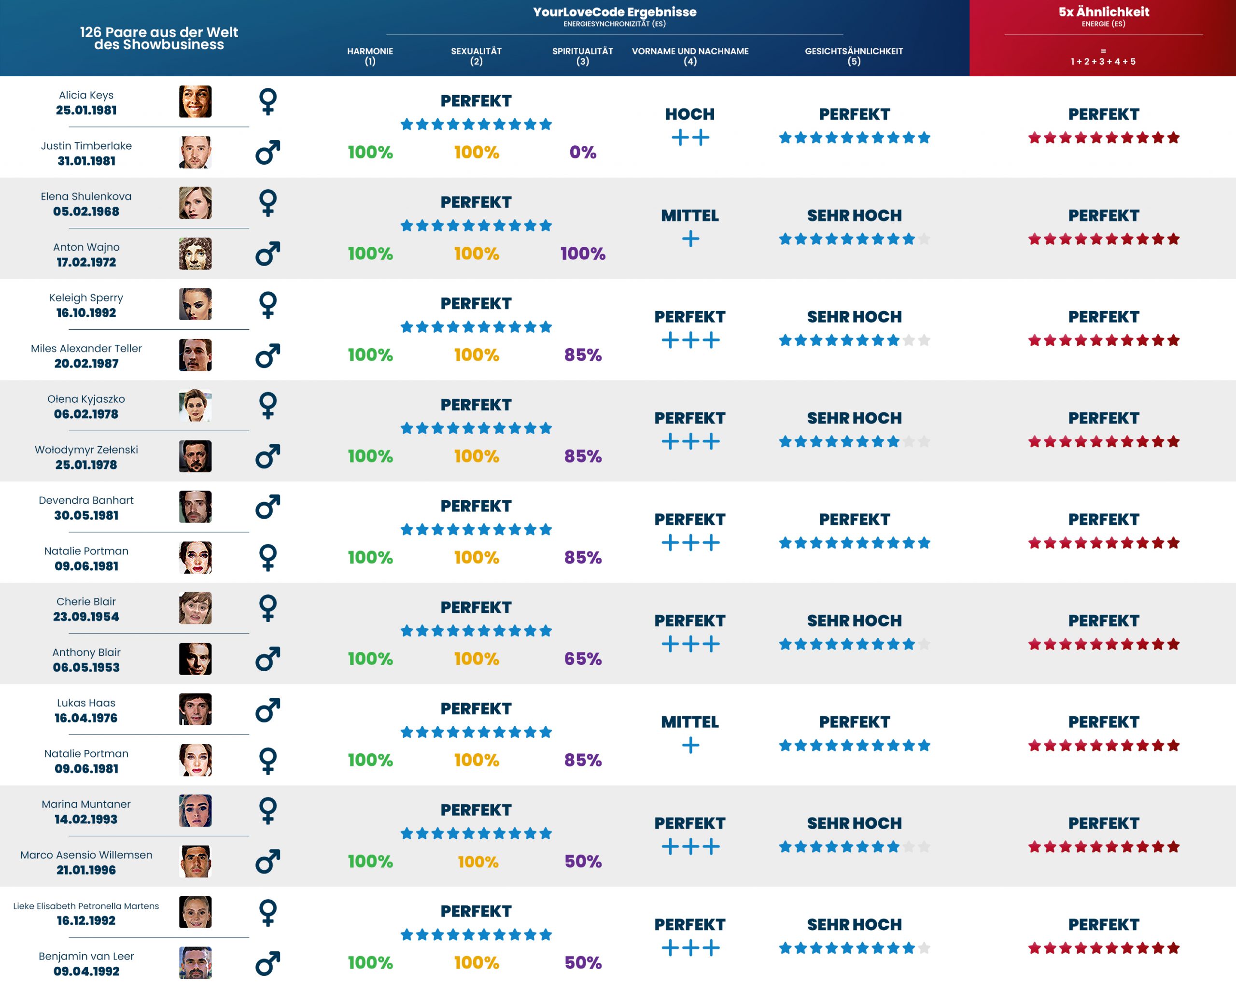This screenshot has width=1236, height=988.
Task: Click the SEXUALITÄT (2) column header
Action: (x=476, y=56)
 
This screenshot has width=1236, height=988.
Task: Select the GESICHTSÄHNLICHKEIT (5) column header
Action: (x=854, y=56)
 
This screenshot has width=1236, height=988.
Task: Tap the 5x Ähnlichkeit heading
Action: (x=1103, y=12)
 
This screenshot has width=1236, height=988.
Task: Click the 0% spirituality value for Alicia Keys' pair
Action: (x=582, y=153)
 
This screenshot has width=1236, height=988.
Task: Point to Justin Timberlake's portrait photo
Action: (x=195, y=153)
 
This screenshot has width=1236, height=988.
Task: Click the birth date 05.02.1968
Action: (x=86, y=212)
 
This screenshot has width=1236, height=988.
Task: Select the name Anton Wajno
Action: (x=86, y=247)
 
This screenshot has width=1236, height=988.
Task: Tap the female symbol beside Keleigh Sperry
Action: (x=268, y=305)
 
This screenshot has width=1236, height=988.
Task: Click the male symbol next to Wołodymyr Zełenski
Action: (x=268, y=456)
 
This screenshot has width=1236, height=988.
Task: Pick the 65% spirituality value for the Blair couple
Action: (x=582, y=659)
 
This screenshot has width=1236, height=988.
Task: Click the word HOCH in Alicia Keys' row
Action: (x=689, y=114)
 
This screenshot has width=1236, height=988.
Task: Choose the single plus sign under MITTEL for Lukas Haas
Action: (x=690, y=746)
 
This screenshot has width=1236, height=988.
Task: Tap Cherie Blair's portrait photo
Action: (x=195, y=608)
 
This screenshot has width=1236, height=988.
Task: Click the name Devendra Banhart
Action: (x=86, y=500)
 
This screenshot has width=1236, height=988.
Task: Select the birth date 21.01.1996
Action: (x=86, y=870)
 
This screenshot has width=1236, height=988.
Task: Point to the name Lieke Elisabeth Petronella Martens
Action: (x=86, y=906)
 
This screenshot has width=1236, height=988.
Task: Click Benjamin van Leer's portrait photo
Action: (x=195, y=962)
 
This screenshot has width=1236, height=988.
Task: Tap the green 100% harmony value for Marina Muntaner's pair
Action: (x=370, y=861)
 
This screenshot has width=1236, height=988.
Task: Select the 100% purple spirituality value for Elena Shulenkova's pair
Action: (x=582, y=254)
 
